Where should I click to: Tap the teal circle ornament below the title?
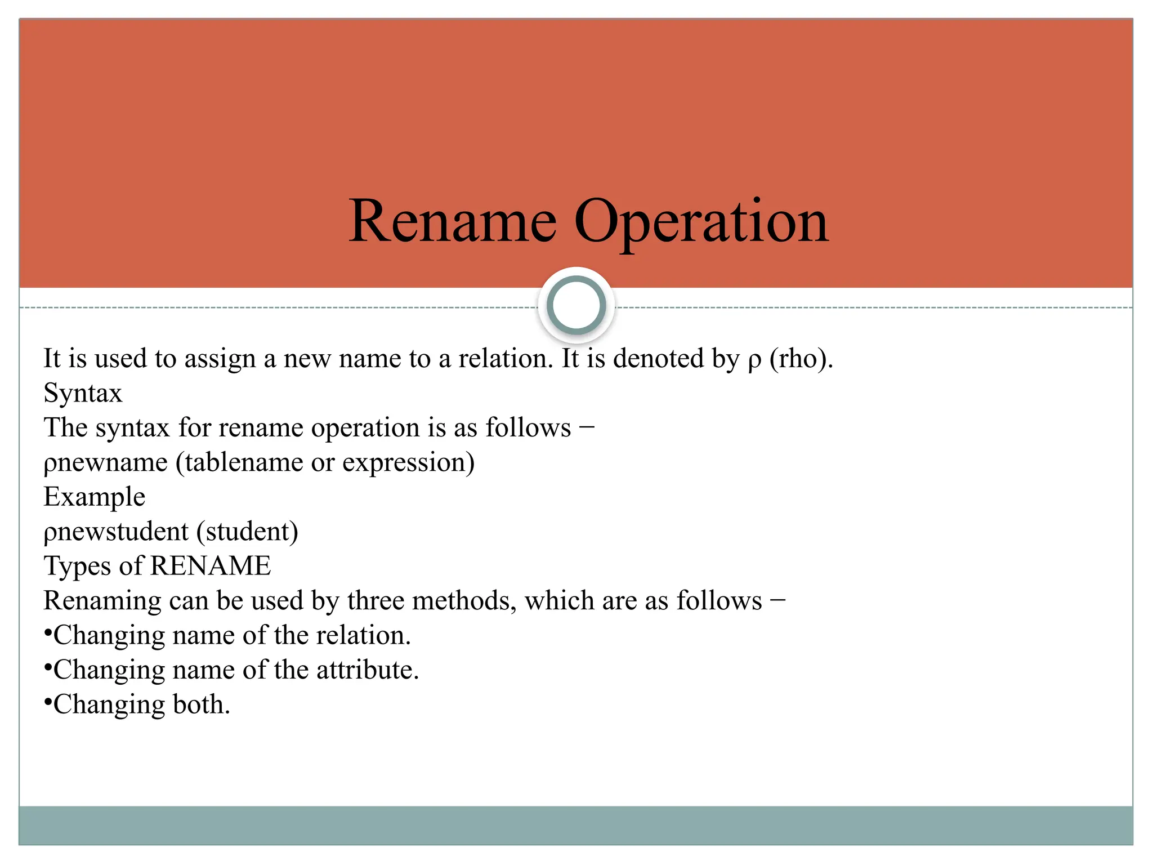(576, 305)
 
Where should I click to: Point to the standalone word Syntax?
(83, 394)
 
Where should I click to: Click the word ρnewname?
(105, 463)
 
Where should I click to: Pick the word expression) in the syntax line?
(408, 463)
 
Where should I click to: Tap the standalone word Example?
(95, 497)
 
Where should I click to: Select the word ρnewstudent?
(116, 532)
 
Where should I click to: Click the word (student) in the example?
(247, 532)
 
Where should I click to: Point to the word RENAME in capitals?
(211, 566)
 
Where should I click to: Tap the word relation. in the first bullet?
(364, 635)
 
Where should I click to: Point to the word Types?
(77, 567)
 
